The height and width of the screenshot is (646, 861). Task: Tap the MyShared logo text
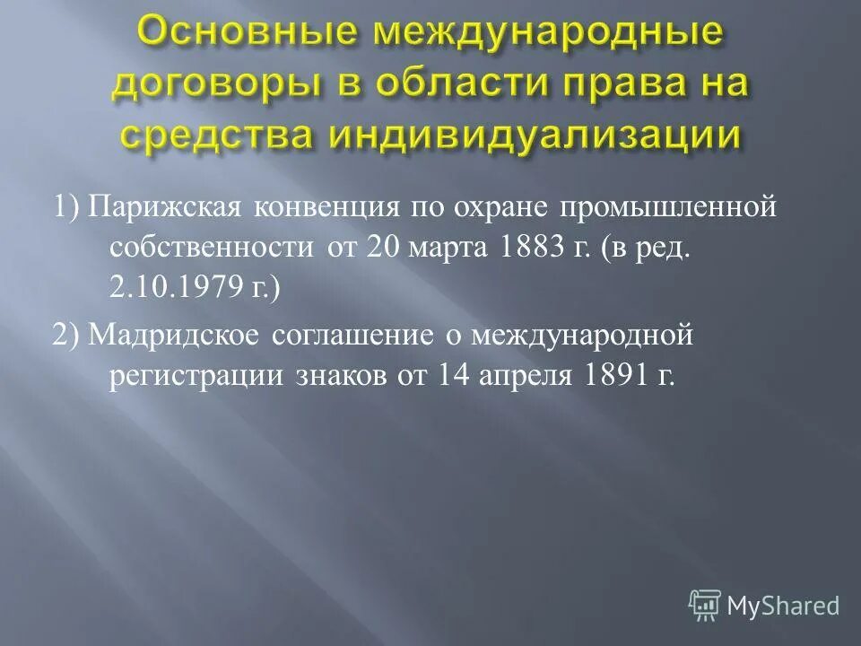point(784,606)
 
